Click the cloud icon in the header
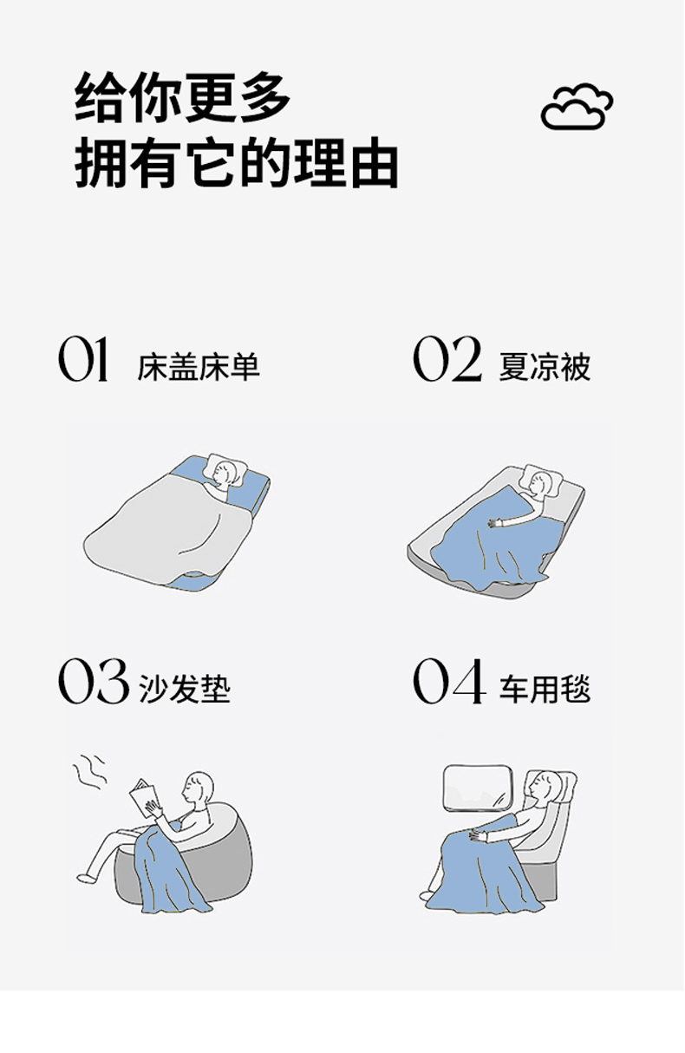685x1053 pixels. [577, 107]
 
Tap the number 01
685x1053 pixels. [83, 359]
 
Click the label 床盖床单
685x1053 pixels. [199, 366]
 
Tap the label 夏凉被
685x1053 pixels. [545, 366]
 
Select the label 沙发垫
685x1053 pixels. [185, 690]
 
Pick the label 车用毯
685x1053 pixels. [545, 690]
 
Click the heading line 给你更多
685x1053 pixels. [183, 98]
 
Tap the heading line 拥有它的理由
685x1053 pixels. [237, 163]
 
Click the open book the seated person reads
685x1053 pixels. [144, 799]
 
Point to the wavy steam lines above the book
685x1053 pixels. [88, 772]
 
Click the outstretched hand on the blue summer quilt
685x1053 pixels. [495, 523]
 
